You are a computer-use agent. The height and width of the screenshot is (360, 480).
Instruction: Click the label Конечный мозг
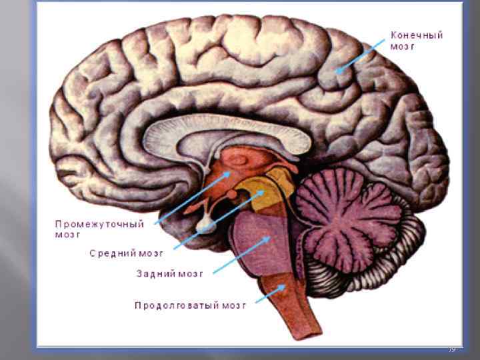click(x=417, y=41)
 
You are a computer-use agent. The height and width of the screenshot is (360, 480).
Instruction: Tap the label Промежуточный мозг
click(x=99, y=229)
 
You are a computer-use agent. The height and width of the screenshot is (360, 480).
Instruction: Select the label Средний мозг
click(x=126, y=253)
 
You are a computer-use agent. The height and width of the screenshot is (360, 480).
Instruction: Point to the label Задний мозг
click(x=169, y=273)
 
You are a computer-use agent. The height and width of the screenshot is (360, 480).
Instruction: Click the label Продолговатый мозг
click(x=191, y=305)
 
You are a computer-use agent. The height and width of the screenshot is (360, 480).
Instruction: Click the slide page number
click(x=451, y=349)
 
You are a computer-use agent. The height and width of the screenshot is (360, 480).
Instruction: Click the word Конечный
click(x=417, y=35)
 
